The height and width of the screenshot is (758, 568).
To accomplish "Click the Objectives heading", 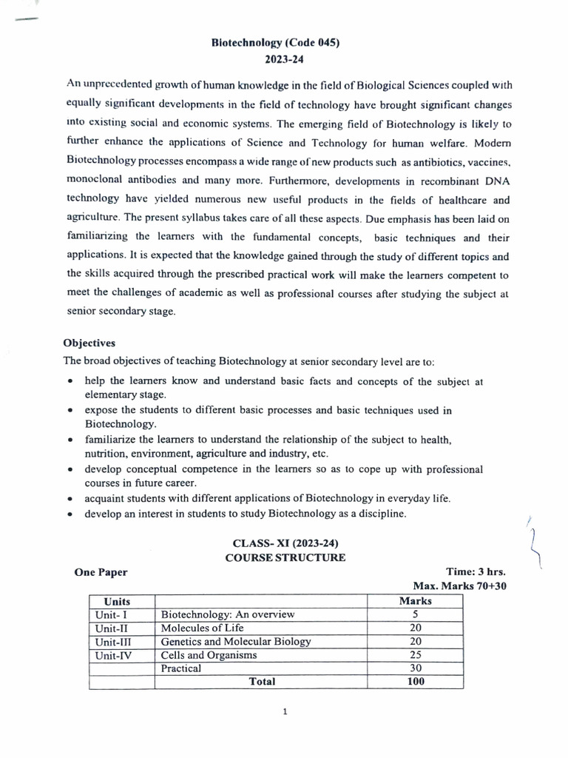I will pyautogui.click(x=89, y=343).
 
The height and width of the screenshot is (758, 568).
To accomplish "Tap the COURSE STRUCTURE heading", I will pyautogui.click(x=285, y=557).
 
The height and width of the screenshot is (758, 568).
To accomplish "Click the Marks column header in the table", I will pyautogui.click(x=415, y=601).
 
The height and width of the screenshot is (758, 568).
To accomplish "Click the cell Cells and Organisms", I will pyautogui.click(x=209, y=655).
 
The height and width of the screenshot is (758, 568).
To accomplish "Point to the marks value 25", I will pyautogui.click(x=415, y=655).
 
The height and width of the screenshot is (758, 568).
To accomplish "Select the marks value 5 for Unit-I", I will pyautogui.click(x=415, y=614).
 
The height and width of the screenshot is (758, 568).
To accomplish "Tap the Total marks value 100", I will pyautogui.click(x=415, y=682).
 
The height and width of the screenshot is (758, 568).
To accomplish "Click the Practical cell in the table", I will pyautogui.click(x=181, y=668).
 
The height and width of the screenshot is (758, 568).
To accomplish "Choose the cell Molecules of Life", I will pyautogui.click(x=202, y=628).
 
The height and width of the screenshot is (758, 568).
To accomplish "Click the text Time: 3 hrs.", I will pyautogui.click(x=476, y=572).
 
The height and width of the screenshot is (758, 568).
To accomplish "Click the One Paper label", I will pyautogui.click(x=101, y=572).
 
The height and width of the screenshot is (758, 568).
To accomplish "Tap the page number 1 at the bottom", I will pyautogui.click(x=285, y=712).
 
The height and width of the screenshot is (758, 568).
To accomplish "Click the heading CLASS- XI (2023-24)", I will pyautogui.click(x=285, y=543).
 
